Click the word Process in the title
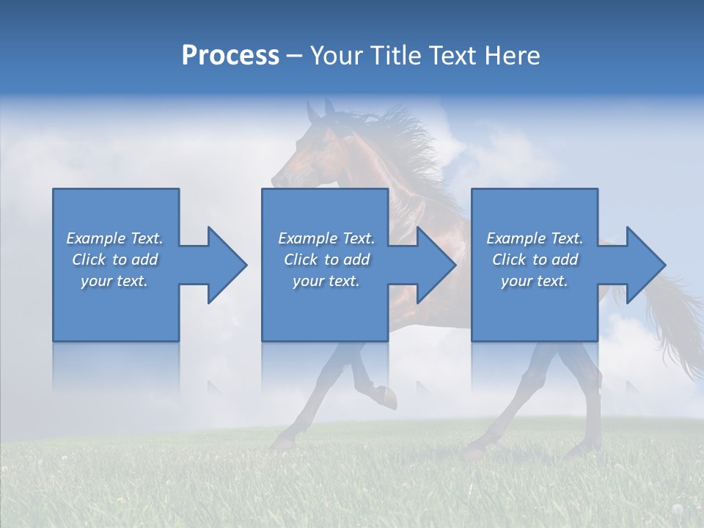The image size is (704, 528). coord(230,56)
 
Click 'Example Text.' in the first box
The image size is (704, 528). coord(114,238)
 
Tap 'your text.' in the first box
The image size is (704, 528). coord(114,281)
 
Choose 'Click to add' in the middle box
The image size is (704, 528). coord(326,260)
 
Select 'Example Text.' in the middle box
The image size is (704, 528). coord(326,238)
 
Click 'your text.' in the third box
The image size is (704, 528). coord(535,281)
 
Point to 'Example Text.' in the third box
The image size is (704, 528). coord(535,238)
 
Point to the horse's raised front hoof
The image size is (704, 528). coord(389,400)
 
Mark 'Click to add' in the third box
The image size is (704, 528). coord(535,260)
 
